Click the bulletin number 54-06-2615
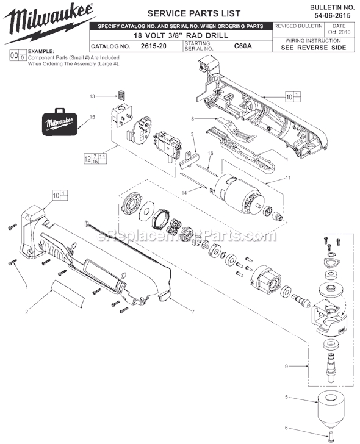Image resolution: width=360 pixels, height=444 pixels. coord(335,13)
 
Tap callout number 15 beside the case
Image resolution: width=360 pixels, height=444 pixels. coord(93,116)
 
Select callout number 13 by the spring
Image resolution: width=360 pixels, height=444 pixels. coord(93,96)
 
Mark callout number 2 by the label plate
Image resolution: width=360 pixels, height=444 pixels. coord(27,312)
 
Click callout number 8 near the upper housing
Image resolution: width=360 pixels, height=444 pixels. coord(192,118)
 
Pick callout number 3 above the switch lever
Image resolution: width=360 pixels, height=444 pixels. coord(192,134)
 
